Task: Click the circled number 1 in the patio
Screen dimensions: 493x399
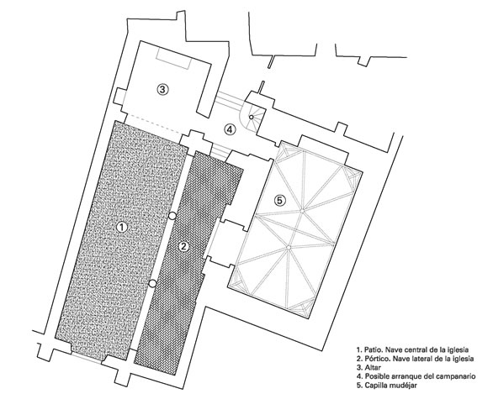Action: point(122,228)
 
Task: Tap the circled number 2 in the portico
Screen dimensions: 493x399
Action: point(184,246)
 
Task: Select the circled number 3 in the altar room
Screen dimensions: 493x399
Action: point(162,90)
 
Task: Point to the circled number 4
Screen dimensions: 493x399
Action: point(230,129)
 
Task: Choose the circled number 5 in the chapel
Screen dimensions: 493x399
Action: point(280,200)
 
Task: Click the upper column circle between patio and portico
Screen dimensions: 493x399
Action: point(172,216)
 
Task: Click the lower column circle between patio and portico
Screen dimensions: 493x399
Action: point(152,284)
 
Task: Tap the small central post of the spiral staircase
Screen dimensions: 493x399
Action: point(252,117)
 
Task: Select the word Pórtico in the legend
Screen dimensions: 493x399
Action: point(377,359)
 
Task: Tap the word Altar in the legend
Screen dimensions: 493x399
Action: point(373,367)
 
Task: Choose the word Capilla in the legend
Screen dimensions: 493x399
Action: point(376,386)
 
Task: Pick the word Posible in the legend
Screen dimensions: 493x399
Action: point(377,376)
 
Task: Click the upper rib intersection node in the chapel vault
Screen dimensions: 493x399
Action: point(302,212)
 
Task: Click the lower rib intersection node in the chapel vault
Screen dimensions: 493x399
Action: point(289,248)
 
